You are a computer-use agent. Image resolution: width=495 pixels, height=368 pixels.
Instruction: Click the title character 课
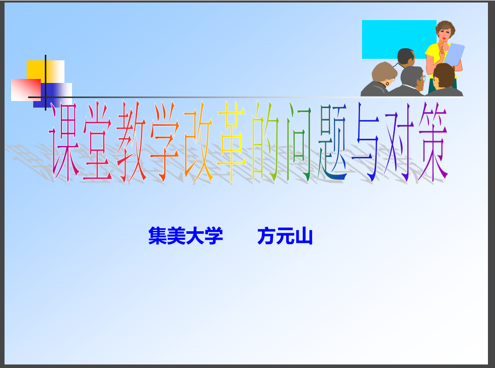point(64,142)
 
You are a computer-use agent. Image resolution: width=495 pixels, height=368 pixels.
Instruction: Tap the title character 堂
point(98,142)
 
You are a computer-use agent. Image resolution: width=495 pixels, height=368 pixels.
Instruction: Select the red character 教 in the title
point(131,142)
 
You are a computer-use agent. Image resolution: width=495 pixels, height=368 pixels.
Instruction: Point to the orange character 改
point(199,142)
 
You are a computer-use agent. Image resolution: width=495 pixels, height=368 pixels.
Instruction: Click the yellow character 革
point(232,142)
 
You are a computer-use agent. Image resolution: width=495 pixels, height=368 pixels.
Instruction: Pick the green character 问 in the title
point(300,142)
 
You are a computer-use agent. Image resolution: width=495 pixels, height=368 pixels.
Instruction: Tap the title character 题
point(333,142)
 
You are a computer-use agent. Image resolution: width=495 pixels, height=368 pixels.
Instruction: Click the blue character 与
point(366,142)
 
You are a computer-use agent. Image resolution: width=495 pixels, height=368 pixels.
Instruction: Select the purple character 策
point(433,142)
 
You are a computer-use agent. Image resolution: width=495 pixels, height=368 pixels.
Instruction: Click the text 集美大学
point(186,236)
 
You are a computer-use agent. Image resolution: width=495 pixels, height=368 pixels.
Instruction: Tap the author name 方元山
point(285,236)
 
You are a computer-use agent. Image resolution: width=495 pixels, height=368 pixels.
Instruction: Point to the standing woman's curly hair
point(446,28)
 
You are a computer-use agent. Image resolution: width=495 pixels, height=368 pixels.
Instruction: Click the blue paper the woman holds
point(454,54)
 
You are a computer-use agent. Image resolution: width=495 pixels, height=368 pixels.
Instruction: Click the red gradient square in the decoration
point(26,90)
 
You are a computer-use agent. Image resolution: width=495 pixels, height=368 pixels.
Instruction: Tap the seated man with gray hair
point(408,81)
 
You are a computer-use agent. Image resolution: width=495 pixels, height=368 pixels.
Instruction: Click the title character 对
point(399,142)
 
